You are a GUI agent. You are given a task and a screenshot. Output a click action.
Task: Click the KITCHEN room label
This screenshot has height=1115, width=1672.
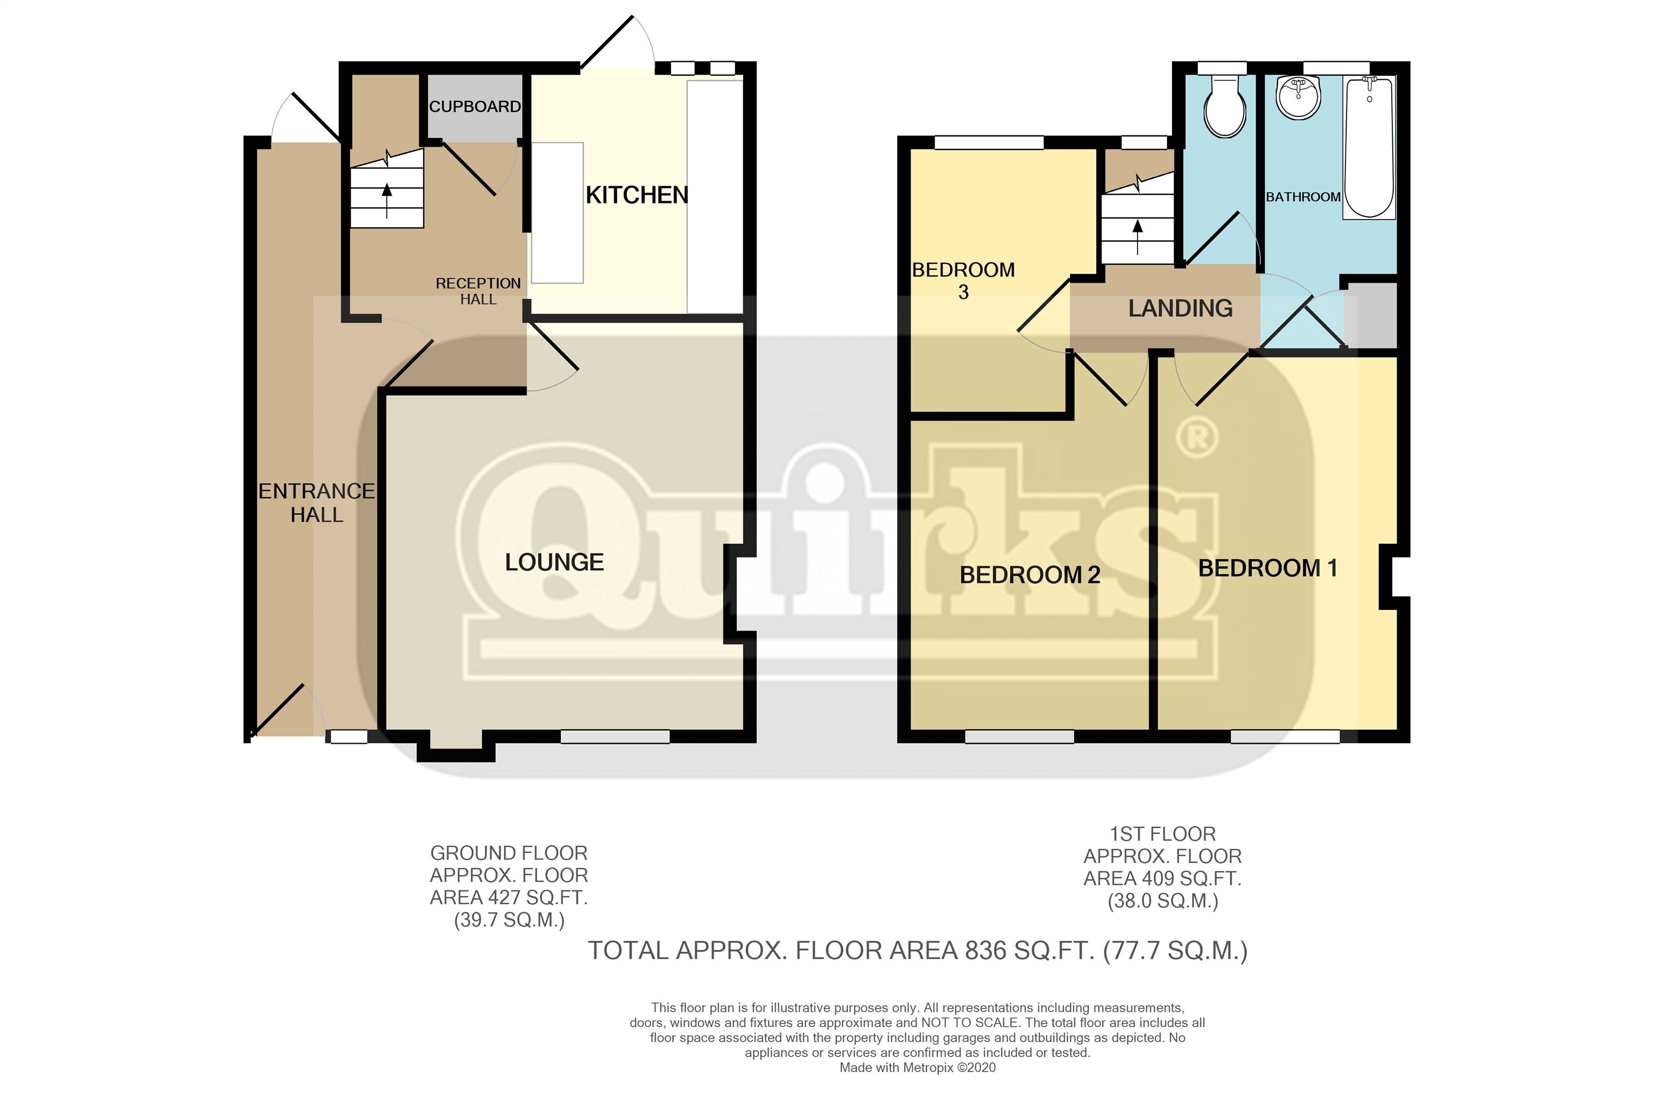636,195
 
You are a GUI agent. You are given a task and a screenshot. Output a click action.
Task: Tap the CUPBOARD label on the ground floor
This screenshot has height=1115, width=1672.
474,106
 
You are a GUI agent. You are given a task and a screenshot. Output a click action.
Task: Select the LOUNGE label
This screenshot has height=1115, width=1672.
554,563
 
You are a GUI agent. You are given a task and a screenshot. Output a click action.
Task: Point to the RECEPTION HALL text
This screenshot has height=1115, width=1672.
478,292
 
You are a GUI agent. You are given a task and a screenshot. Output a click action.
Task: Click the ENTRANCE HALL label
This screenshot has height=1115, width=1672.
317,503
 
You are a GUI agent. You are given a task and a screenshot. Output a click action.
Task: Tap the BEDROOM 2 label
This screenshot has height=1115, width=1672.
1029,575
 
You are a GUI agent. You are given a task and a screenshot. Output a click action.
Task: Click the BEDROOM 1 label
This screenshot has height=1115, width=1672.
1267,568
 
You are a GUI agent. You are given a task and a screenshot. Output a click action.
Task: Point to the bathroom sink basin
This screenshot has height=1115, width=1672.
1298,98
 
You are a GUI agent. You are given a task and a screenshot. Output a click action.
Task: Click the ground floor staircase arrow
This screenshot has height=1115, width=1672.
387,200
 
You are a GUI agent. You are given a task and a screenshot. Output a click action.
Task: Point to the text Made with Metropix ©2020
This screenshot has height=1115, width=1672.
917,1068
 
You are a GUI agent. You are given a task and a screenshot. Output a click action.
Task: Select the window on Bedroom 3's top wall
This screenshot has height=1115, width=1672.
988,143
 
